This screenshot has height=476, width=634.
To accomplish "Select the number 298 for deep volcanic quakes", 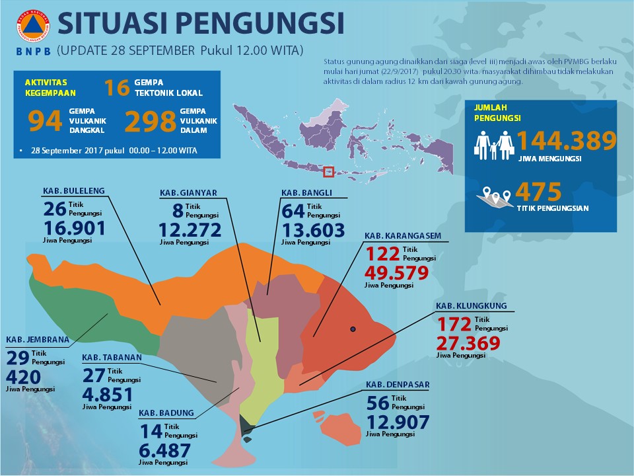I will [151, 122].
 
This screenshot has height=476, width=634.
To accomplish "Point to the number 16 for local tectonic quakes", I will [116, 87].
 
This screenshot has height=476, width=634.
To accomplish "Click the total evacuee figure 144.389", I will [567, 141].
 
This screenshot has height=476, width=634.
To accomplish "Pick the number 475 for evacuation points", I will [538, 192].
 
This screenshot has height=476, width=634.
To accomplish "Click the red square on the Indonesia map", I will [328, 172].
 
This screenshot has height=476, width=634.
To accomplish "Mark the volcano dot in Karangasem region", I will [353, 329].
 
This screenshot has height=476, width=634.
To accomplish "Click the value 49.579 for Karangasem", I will [396, 274].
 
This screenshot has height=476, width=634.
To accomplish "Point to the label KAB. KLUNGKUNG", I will [471, 306].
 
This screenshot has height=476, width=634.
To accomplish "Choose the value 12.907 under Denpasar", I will [398, 422].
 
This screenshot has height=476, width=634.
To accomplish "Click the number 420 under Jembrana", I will [23, 377].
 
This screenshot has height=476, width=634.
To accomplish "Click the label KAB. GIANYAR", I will [188, 193].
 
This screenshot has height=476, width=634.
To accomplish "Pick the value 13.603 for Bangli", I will [314, 230].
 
